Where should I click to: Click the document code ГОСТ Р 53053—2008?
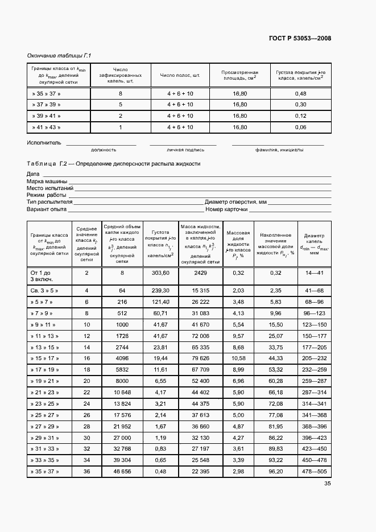click(x=300, y=38)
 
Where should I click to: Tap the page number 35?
click(x=328, y=484)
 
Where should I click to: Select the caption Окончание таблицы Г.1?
click(x=59, y=55)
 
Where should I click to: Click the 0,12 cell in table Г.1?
click(x=301, y=116)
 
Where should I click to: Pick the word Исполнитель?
click(x=44, y=142)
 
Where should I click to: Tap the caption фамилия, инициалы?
click(x=279, y=150)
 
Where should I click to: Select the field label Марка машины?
click(x=47, y=181)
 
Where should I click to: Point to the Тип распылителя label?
click(x=50, y=202)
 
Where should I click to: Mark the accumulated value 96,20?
click(x=276, y=471)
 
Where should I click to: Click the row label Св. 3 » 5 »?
click(x=46, y=291)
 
